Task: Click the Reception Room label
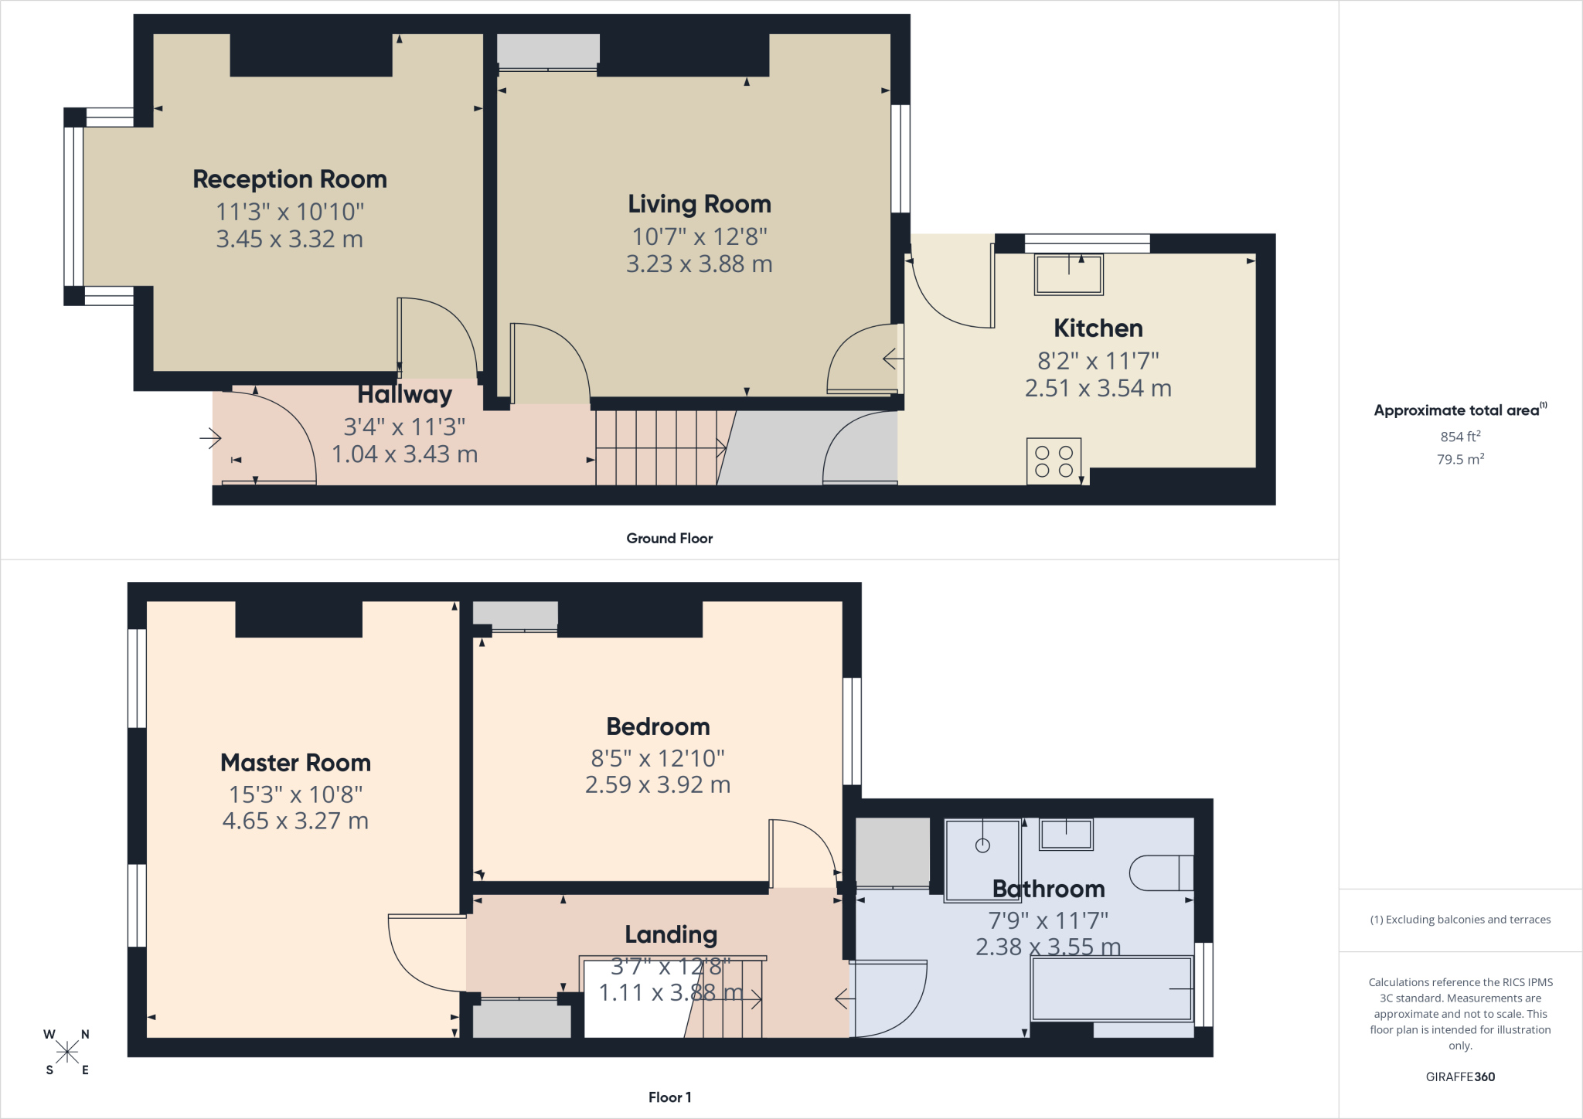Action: tap(290, 179)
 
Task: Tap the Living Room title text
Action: tap(700, 204)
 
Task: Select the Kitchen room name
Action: tap(1098, 328)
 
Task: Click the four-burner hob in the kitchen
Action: tap(1054, 461)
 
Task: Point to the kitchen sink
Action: tap(1069, 274)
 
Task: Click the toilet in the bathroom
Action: tap(1162, 873)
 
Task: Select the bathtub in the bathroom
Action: tap(1112, 989)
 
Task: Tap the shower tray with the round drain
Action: tap(982, 860)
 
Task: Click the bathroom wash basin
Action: tap(1066, 834)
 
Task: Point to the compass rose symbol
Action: tap(67, 1052)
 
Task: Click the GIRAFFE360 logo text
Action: tap(1460, 1076)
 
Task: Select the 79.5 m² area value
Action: tap(1460, 459)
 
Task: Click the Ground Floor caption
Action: tap(669, 539)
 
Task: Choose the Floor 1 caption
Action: tap(669, 1097)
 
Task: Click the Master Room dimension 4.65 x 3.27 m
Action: tap(295, 821)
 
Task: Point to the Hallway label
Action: tap(404, 395)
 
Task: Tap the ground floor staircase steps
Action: tap(656, 448)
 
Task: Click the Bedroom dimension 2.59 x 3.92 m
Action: tap(658, 784)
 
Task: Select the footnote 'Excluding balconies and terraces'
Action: tap(1460, 920)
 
